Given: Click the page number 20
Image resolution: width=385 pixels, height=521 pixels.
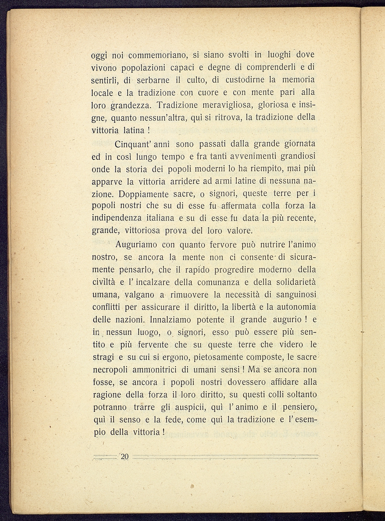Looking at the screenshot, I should (x=124, y=456).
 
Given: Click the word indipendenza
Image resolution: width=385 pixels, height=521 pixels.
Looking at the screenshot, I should (x=117, y=218).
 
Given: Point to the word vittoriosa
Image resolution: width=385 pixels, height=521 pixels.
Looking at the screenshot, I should (x=141, y=231).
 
